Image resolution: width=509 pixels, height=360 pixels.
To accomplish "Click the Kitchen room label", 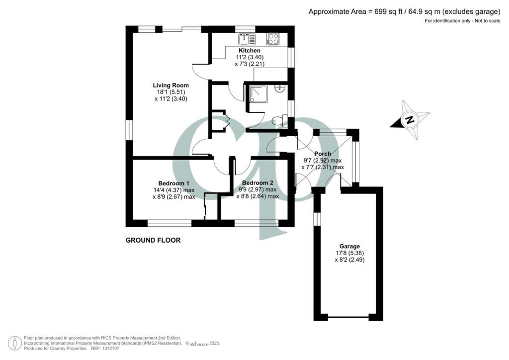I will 250,51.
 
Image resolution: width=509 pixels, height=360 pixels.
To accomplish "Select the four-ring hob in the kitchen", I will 273,39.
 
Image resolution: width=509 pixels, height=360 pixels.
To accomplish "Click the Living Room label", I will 170,85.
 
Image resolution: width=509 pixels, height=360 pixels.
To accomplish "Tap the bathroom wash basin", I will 281,90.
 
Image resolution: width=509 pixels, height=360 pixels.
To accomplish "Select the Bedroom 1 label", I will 173,182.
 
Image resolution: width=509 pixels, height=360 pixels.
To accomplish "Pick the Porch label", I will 323,154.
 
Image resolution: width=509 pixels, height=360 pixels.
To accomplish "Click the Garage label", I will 349,246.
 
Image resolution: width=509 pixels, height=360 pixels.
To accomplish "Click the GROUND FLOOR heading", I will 153,240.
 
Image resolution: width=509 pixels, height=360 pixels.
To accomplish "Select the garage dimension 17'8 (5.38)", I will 349,253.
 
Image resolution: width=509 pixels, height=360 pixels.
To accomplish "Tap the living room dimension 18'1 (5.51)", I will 170,92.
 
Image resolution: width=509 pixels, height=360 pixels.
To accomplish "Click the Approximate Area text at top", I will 404,11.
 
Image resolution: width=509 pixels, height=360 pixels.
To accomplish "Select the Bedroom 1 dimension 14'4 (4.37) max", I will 173,189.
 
